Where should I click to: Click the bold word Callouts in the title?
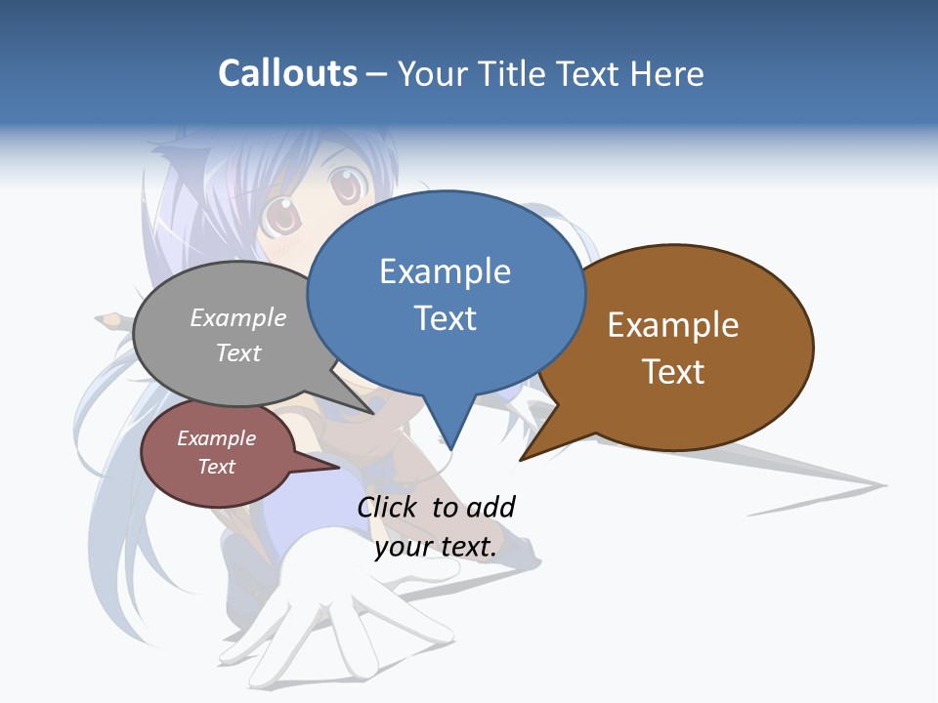point(287,74)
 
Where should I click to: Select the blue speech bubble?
point(446,293)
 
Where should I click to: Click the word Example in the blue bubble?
point(446,271)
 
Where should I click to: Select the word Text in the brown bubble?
point(673,372)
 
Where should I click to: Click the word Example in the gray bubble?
point(238,317)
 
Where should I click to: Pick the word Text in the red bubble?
point(217,467)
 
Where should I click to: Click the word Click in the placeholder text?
point(389,507)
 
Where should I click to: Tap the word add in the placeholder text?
point(490,507)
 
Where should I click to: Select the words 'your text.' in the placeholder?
point(436,547)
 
